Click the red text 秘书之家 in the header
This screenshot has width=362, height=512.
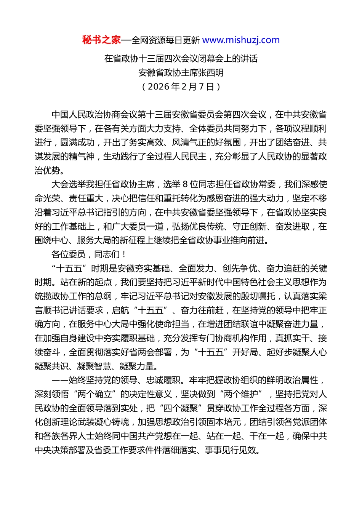pyautogui.click(x=101, y=40)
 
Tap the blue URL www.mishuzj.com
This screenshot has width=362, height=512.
pyautogui.click(x=241, y=40)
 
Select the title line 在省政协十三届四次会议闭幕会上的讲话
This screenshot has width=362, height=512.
pyautogui.click(x=181, y=58)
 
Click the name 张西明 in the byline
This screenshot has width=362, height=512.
pyautogui.click(x=211, y=72)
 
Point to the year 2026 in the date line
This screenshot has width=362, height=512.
pyautogui.click(x=158, y=86)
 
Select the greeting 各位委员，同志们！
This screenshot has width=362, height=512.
pyautogui.click(x=89, y=254)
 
